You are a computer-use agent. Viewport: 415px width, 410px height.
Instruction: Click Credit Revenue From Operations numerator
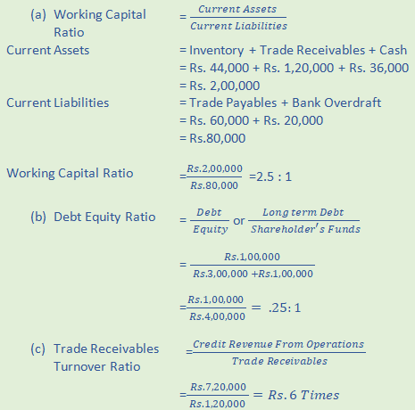pyautogui.click(x=279, y=345)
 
